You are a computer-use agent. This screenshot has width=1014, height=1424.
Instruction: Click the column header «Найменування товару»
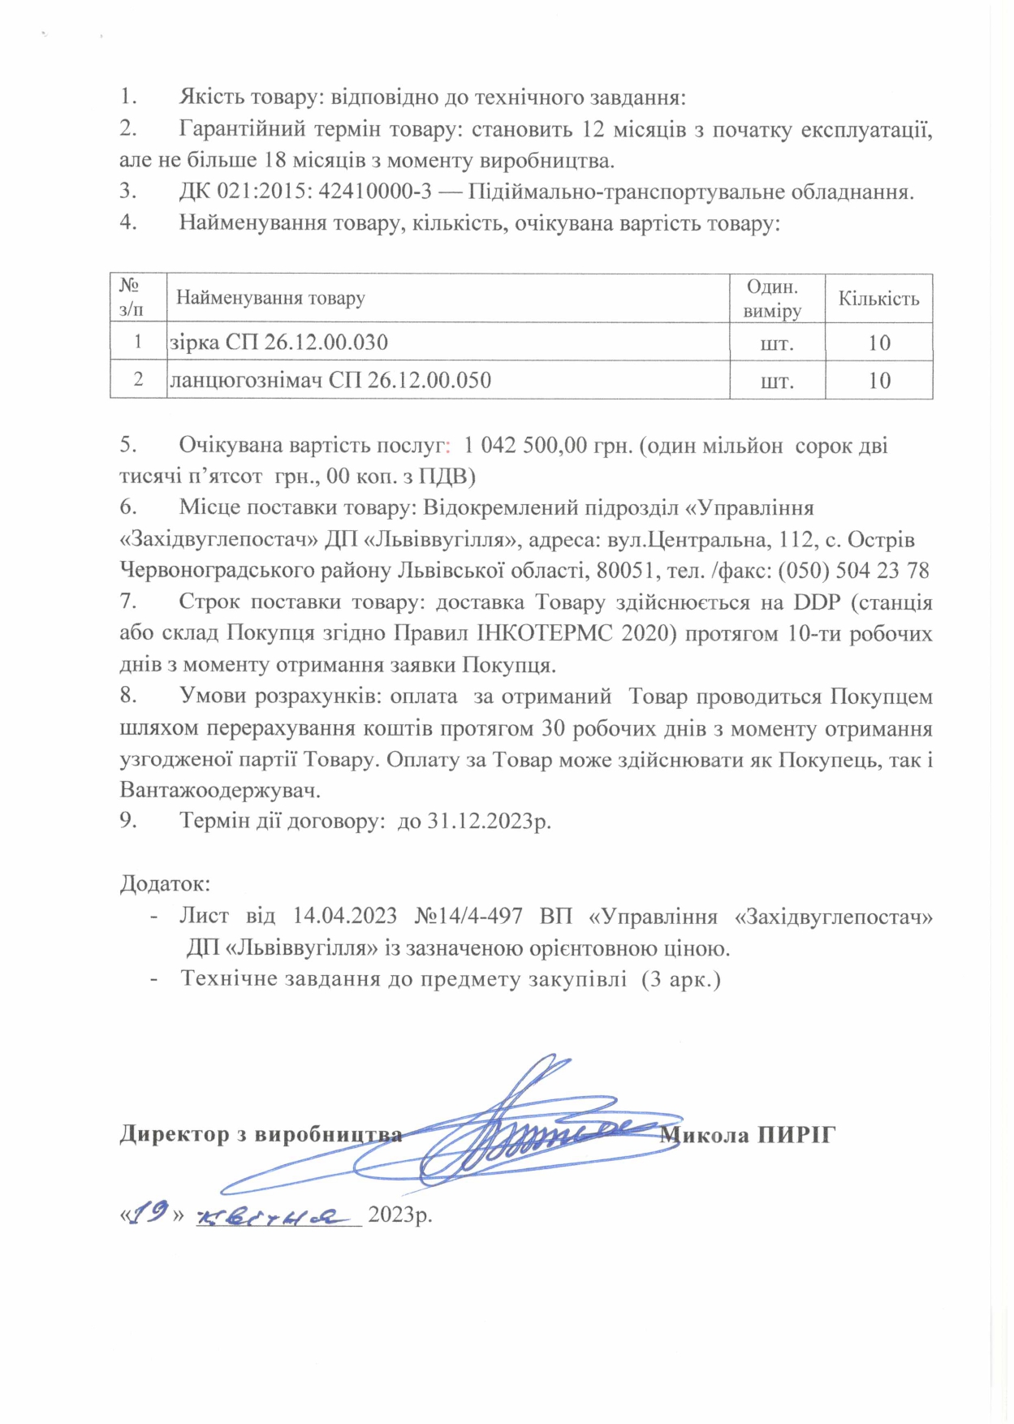[270, 298]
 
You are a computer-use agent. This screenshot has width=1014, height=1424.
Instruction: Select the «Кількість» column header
[878, 298]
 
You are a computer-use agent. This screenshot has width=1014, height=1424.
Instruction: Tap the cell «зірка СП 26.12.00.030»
[278, 343]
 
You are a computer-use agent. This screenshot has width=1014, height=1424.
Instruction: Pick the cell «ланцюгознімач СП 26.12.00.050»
[330, 380]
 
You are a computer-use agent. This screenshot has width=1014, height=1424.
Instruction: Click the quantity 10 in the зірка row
[879, 343]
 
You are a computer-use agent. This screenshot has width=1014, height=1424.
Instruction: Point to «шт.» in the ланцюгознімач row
[777, 381]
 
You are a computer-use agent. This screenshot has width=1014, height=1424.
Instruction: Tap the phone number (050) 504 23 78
[853, 570]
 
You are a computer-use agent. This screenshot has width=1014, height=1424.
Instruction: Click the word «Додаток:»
[165, 882]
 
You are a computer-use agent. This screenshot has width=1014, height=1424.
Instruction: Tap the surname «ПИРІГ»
[796, 1134]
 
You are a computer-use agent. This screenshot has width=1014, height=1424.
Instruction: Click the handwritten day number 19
[150, 1212]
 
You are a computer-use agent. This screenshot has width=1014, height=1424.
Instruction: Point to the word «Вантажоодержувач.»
[220, 789]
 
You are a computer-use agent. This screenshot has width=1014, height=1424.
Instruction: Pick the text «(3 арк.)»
[680, 978]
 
